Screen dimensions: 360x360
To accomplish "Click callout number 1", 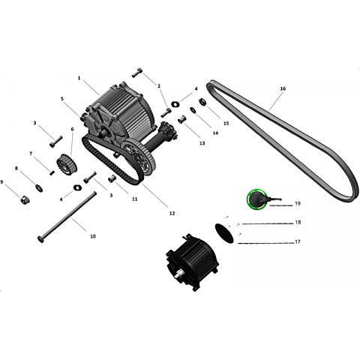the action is click(79, 78).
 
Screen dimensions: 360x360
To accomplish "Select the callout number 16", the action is click(283, 88).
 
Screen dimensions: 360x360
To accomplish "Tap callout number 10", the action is click(93, 236).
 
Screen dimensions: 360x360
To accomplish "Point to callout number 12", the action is click(172, 213).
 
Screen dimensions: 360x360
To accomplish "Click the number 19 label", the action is click(298, 203).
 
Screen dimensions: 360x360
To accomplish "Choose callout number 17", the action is click(298, 241).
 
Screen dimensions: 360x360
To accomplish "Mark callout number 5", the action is click(62, 99).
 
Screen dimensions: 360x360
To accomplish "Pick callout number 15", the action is click(226, 124).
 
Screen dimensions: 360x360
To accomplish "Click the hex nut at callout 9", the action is click(25, 199).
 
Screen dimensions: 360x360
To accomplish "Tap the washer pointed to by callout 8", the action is click(39, 188).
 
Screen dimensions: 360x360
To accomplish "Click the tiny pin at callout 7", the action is click(52, 172).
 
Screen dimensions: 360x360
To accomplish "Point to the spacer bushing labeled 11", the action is click(112, 179).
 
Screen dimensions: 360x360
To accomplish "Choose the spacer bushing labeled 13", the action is click(181, 119).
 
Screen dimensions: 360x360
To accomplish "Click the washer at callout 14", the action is click(193, 110).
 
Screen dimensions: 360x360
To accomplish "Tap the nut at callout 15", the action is click(202, 103).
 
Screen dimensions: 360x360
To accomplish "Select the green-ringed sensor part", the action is click(256, 199).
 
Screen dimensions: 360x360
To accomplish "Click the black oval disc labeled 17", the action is click(224, 233).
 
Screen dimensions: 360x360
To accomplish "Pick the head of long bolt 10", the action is click(40, 239).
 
